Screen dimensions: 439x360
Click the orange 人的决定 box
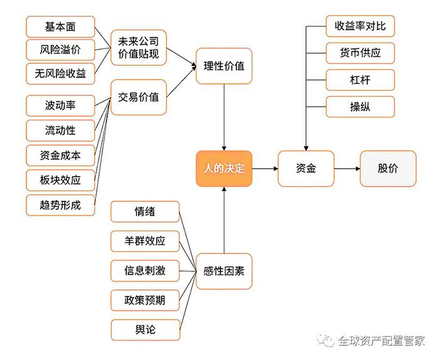click(224, 169)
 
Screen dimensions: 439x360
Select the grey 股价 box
click(388, 169)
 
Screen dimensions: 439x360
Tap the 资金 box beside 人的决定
click(306, 169)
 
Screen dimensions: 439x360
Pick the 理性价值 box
click(224, 66)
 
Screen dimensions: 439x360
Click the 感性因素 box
click(224, 271)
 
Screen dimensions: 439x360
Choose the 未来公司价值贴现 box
click(139, 48)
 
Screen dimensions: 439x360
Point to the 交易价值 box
click(139, 97)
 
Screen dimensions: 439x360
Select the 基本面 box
click(60, 27)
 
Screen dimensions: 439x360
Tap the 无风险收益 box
click(60, 73)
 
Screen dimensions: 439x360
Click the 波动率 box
click(60, 105)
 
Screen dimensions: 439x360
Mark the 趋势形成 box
click(60, 205)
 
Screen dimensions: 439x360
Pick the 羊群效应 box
click(145, 241)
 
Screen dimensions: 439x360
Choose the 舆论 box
click(145, 330)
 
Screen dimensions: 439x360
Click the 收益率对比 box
click(360, 26)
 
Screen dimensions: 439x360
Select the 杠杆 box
click(360, 80)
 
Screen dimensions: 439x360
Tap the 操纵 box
click(360, 107)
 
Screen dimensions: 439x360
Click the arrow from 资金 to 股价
click(347, 169)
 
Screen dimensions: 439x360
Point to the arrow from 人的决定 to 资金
click(265, 169)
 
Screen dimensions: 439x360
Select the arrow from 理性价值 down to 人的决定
click(224, 117)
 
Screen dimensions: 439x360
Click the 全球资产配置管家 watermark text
click(381, 341)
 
